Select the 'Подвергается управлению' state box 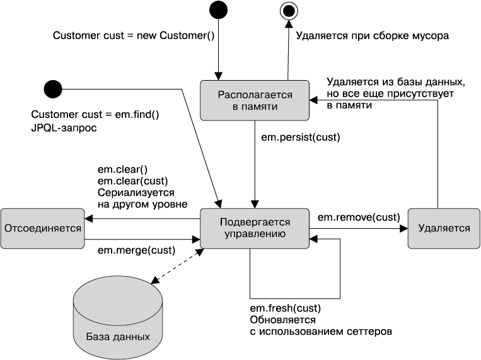(x=255, y=228)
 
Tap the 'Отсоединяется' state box (x=43, y=228)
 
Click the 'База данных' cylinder (x=117, y=318)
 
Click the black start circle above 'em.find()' (x=52, y=90)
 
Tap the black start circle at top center (x=218, y=9)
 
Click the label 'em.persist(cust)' (x=300, y=136)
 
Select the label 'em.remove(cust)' (x=357, y=217)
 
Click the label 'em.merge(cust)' (x=136, y=250)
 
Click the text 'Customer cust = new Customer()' (x=134, y=36)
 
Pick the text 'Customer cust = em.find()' (x=96, y=115)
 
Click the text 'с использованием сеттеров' (x=321, y=330)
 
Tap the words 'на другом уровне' (x=142, y=204)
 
